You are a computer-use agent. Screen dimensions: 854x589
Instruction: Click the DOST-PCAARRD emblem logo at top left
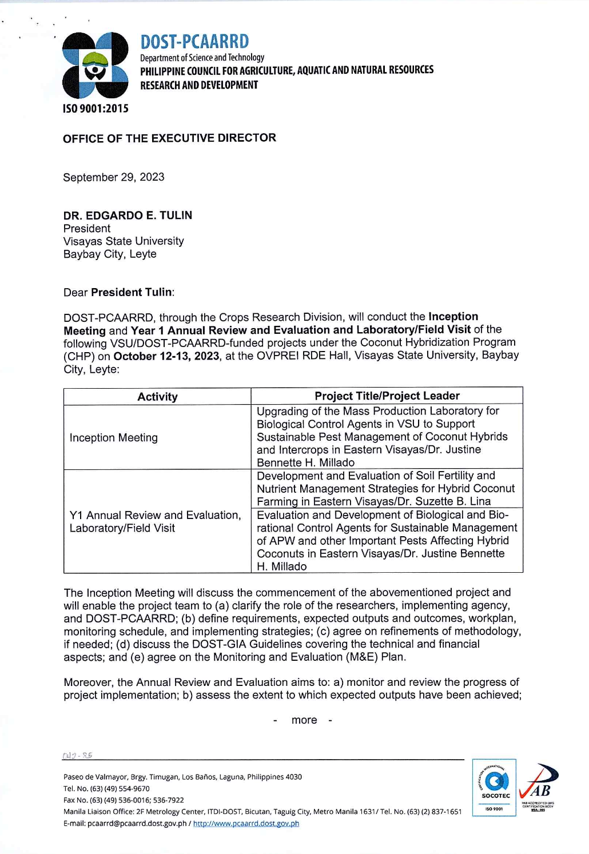[95, 65]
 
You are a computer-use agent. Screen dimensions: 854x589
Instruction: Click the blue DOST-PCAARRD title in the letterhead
[194, 42]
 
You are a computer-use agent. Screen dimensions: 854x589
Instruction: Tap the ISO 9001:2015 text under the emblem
[95, 109]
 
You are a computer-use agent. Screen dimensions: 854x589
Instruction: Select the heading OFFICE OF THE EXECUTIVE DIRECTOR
[169, 138]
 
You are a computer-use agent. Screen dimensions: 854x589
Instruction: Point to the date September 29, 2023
[114, 177]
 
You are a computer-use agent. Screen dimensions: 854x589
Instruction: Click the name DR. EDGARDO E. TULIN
[128, 216]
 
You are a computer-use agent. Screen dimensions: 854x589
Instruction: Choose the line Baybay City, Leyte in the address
[110, 254]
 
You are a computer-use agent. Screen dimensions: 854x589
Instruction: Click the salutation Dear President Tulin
[119, 293]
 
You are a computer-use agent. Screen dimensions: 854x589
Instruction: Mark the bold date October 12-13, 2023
[166, 356]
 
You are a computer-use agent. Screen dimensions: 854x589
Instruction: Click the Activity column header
[157, 397]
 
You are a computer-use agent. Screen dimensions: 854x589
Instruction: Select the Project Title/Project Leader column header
[387, 396]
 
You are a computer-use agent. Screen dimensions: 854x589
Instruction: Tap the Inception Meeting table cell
[114, 438]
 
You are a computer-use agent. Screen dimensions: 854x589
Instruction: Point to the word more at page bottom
[304, 720]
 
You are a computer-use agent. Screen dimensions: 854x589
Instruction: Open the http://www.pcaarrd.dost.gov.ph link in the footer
[246, 824]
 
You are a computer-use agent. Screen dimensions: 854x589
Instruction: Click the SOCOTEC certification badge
[494, 787]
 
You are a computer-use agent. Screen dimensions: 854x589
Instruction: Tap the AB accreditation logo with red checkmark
[538, 787]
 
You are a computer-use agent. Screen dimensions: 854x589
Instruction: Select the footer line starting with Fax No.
[124, 800]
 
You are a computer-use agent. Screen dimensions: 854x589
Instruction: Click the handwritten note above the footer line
[77, 755]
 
